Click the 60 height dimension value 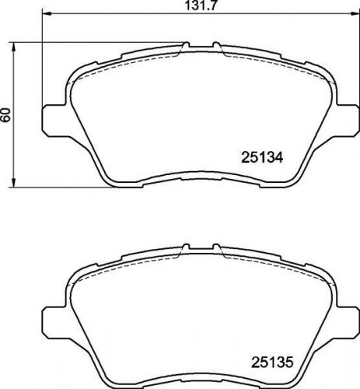(7, 114)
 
